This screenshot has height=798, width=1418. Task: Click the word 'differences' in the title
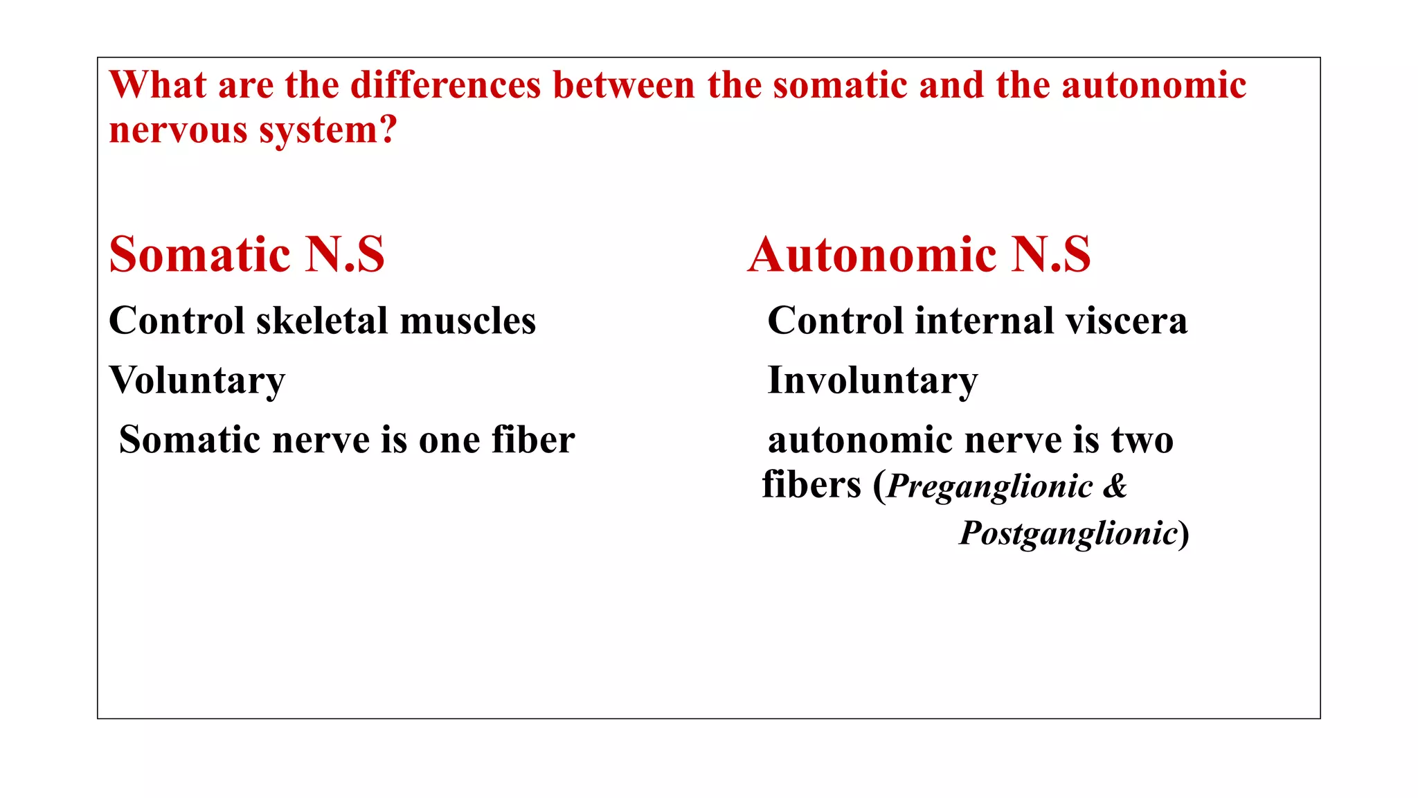click(x=445, y=86)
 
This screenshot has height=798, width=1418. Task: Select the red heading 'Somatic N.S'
click(x=246, y=254)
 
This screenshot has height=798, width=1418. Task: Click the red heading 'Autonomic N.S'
click(x=919, y=254)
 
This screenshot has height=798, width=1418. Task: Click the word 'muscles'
click(x=468, y=321)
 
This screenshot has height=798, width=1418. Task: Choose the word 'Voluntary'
click(x=197, y=381)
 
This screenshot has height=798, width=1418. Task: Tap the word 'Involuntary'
click(x=872, y=381)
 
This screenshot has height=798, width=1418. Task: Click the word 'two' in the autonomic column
click(x=1142, y=441)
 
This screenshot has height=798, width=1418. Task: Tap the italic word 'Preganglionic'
click(x=990, y=486)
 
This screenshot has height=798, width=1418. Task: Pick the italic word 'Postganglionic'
click(x=1068, y=533)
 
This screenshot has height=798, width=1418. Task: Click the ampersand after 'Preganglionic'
click(x=1115, y=486)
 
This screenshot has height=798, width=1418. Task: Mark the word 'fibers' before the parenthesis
click(x=811, y=485)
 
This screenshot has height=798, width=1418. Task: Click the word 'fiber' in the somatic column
click(x=533, y=441)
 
